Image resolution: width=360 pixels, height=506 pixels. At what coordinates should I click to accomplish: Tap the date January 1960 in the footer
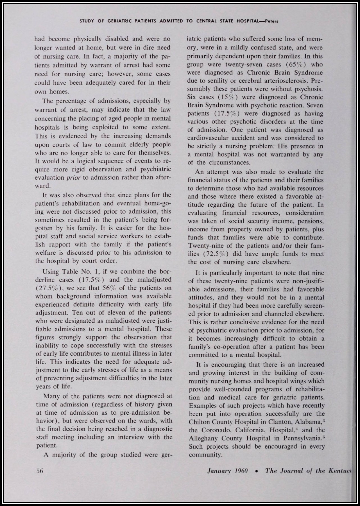(227, 471)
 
